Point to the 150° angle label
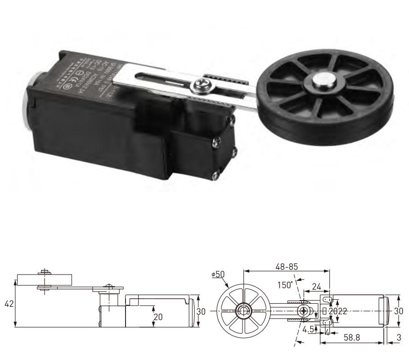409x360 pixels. click(x=284, y=284)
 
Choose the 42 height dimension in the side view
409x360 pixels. click(x=9, y=304)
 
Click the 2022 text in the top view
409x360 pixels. click(x=337, y=311)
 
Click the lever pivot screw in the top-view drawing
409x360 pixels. click(x=305, y=311)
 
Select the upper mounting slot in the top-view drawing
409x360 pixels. click(x=328, y=299)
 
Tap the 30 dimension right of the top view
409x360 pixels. click(x=398, y=311)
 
